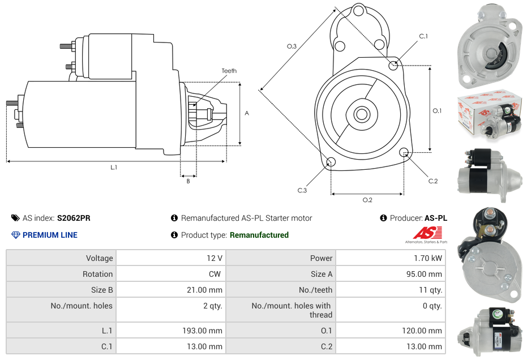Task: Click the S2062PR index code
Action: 74,218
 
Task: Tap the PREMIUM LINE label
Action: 50,235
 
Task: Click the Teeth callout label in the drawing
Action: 229,71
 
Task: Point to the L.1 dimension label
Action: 114,167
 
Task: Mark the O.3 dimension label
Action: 292,46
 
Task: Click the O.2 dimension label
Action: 367,200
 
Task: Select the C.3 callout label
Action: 302,190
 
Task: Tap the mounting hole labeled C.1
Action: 393,66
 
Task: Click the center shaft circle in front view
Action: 361,114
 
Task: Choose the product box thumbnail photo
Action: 489,115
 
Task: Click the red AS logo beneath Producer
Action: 421,233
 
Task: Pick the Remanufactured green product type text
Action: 259,235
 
